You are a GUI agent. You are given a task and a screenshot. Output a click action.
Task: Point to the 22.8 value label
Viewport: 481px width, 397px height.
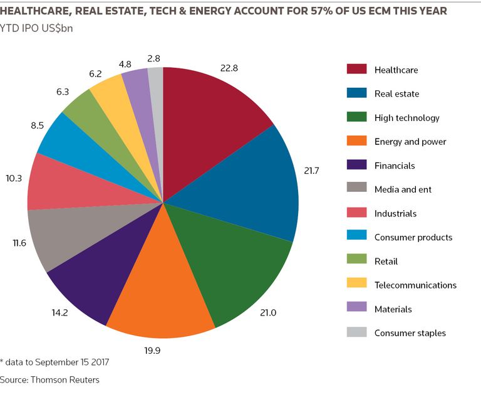(229, 68)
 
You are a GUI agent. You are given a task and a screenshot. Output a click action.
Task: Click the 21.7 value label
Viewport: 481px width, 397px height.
(311, 171)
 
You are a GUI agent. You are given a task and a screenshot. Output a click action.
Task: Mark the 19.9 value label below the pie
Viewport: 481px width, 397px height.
(152, 351)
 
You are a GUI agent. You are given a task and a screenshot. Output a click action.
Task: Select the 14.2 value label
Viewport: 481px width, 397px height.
(59, 313)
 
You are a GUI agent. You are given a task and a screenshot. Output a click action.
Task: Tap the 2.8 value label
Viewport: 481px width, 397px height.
(153, 58)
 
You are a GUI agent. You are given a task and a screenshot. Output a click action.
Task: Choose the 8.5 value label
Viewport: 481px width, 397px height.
(37, 125)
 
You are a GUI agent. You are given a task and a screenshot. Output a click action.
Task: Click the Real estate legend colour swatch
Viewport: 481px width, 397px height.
(356, 93)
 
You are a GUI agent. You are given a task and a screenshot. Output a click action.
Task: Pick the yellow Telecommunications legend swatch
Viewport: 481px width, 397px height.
(356, 283)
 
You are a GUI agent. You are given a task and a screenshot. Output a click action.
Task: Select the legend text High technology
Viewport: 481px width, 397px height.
(406, 118)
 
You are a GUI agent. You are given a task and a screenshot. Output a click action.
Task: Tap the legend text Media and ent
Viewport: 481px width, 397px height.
(403, 189)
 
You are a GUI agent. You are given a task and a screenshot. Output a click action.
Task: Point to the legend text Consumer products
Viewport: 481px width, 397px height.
(413, 237)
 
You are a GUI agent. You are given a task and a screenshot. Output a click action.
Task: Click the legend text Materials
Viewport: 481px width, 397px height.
(393, 309)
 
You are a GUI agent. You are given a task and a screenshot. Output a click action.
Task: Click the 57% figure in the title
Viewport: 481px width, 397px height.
(323, 11)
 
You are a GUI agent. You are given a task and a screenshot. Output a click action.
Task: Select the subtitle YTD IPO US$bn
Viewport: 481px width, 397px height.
(36, 28)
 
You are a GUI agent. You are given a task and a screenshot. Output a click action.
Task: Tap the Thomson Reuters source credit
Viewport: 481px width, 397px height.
(65, 380)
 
